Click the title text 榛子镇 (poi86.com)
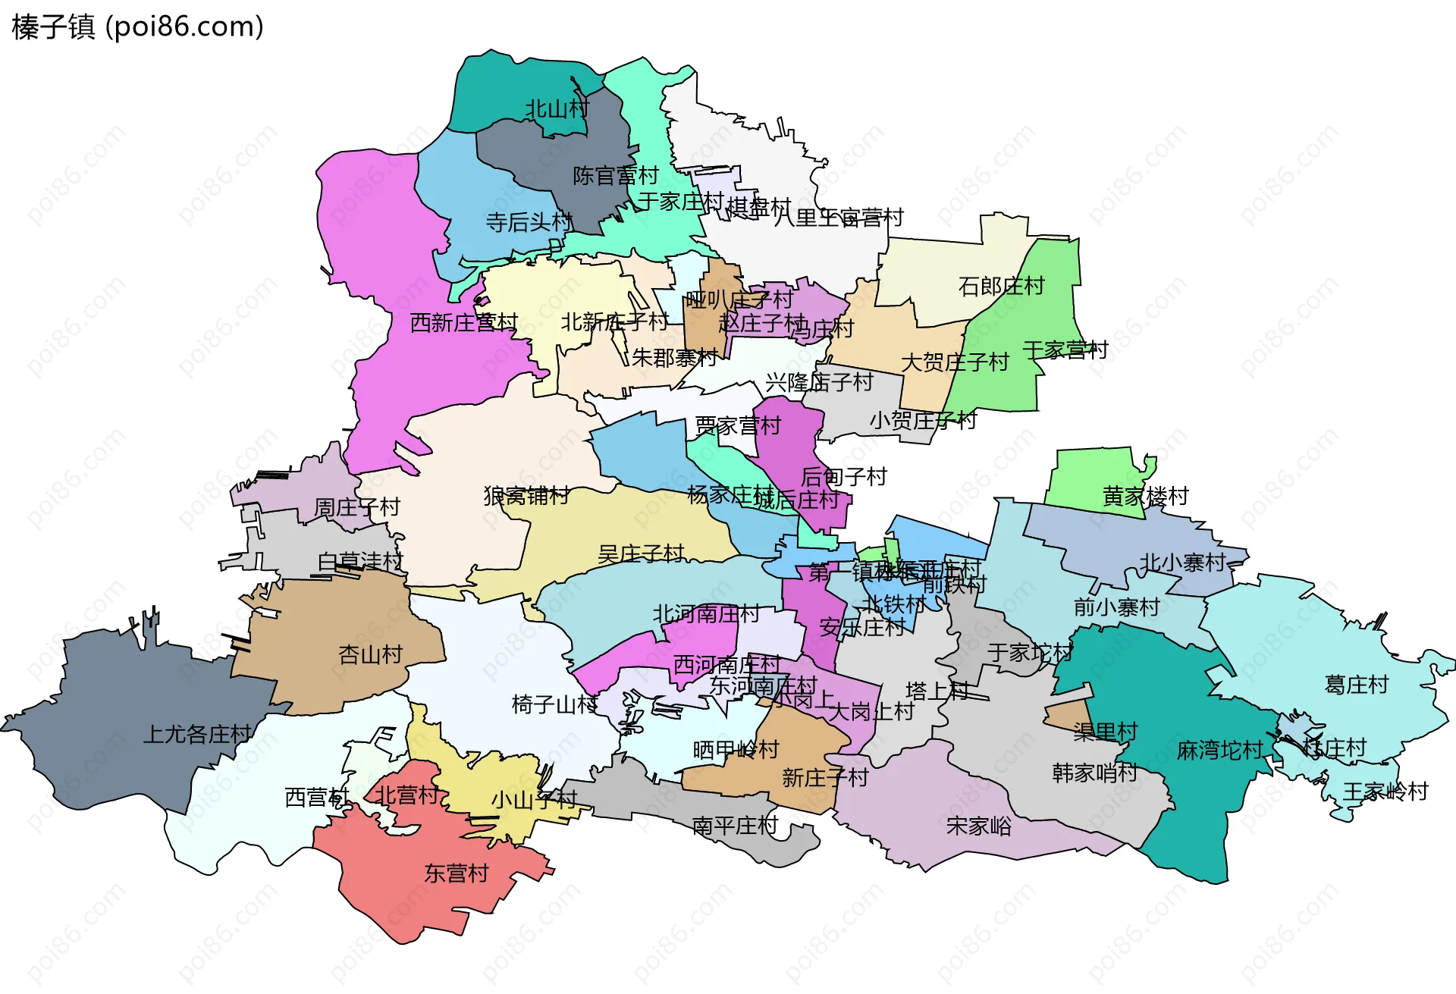point(137,27)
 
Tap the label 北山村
point(557,109)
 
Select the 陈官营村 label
point(616,176)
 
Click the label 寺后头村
point(529,222)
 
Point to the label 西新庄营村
point(463,323)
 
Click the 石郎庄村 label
point(1001,287)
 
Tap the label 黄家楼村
point(1145,497)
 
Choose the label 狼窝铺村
point(526,496)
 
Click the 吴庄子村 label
point(641,553)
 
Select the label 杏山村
point(370,654)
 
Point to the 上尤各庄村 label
point(197,734)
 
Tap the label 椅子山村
point(554,704)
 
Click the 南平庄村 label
point(735,826)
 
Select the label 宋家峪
point(978,826)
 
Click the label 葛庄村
point(1356,685)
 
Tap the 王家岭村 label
point(1385,792)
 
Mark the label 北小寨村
point(1183,563)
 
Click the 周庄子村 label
point(356,507)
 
